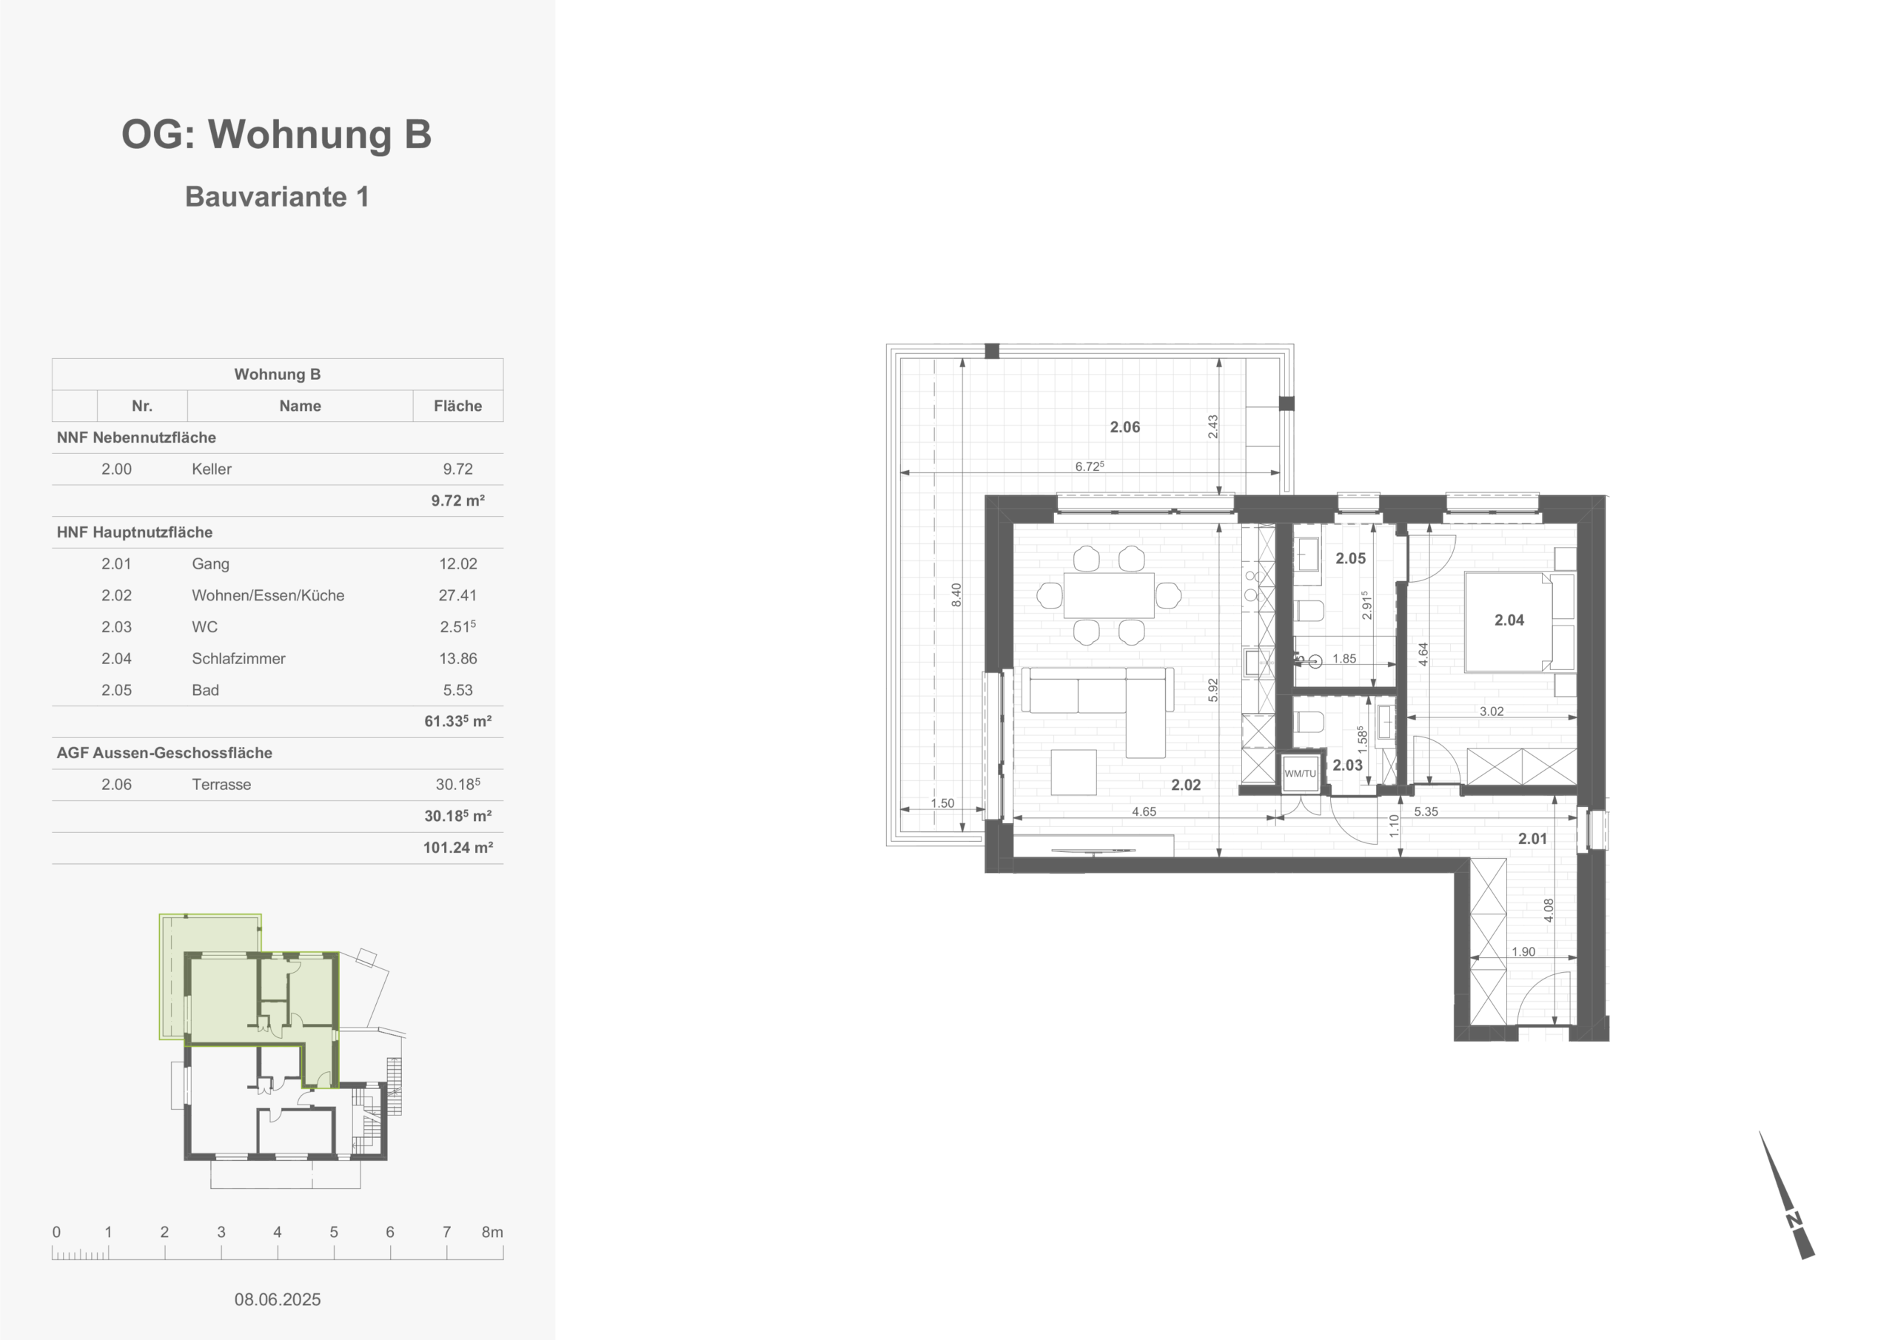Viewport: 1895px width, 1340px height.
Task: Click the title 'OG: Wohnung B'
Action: [277, 135]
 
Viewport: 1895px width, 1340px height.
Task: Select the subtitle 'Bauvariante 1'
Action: [277, 196]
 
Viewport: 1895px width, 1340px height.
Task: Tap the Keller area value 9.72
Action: [457, 469]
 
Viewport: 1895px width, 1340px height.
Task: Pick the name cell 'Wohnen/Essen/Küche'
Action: [268, 595]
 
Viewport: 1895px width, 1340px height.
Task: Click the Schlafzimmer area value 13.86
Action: [457, 659]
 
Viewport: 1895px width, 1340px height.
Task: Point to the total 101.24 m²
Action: [458, 848]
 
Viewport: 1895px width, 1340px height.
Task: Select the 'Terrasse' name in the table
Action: [221, 784]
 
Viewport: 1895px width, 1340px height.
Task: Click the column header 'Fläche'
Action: [457, 406]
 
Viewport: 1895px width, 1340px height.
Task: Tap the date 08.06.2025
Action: [278, 1299]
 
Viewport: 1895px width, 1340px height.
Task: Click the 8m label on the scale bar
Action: [492, 1232]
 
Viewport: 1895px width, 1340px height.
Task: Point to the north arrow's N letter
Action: [1793, 1220]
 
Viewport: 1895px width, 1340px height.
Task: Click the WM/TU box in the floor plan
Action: [1300, 774]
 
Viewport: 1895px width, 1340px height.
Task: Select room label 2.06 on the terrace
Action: [1124, 427]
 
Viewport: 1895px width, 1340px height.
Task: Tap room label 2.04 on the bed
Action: [1509, 620]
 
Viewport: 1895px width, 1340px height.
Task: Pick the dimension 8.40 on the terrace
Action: [956, 594]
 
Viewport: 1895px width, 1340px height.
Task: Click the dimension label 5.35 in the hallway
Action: [1426, 811]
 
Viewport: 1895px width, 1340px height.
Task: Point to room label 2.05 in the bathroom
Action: [1350, 559]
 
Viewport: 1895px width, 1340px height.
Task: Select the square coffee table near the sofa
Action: [1074, 772]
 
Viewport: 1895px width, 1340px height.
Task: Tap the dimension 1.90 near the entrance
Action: [1523, 952]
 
